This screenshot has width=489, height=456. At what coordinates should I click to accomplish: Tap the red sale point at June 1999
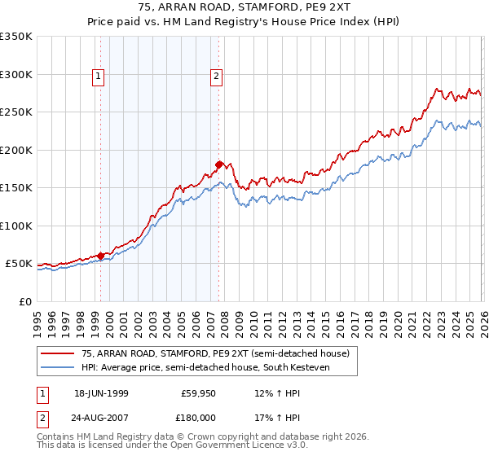click(x=101, y=256)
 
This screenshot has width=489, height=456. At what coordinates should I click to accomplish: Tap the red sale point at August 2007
click(x=218, y=164)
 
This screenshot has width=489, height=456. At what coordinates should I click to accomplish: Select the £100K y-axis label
click(x=16, y=226)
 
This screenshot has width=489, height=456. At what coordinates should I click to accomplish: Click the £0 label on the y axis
click(x=24, y=301)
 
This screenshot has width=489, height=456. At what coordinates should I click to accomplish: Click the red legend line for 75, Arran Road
click(x=58, y=353)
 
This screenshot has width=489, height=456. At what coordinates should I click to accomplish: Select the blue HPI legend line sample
click(x=58, y=367)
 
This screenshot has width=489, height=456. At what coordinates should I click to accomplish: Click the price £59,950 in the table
click(x=199, y=392)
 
